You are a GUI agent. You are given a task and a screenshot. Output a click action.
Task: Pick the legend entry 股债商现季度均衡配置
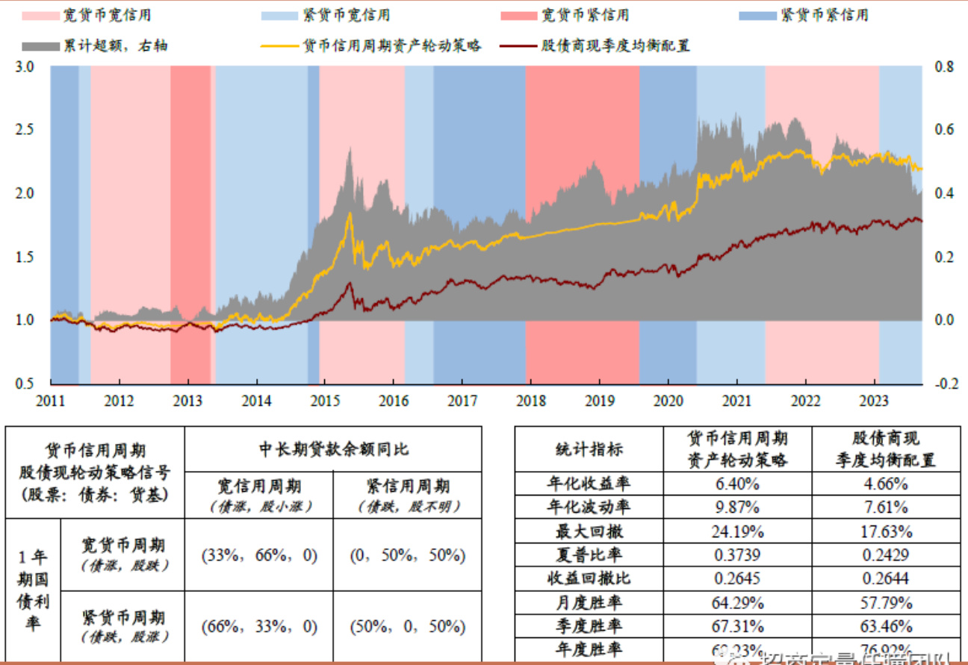tap(615, 46)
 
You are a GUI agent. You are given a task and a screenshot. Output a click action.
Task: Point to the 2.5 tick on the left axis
tap(24, 130)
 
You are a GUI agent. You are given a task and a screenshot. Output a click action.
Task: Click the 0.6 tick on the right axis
tap(944, 130)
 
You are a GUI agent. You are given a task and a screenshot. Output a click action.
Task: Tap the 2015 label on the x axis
tap(324, 400)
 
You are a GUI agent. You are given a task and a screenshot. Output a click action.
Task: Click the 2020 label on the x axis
tap(668, 400)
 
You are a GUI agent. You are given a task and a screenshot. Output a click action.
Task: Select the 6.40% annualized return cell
tap(737, 484)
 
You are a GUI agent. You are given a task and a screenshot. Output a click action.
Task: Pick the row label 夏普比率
tap(589, 555)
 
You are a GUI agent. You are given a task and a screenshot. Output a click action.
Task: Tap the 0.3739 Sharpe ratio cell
tap(737, 555)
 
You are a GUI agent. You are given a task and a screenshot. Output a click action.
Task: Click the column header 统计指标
tap(589, 449)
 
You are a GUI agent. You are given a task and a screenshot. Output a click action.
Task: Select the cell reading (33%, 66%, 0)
tap(259, 555)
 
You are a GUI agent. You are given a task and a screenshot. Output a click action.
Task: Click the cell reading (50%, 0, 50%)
tap(407, 626)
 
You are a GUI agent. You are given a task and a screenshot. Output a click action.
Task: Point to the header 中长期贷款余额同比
tap(333, 449)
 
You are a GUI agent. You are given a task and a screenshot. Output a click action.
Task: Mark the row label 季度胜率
tap(589, 626)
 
